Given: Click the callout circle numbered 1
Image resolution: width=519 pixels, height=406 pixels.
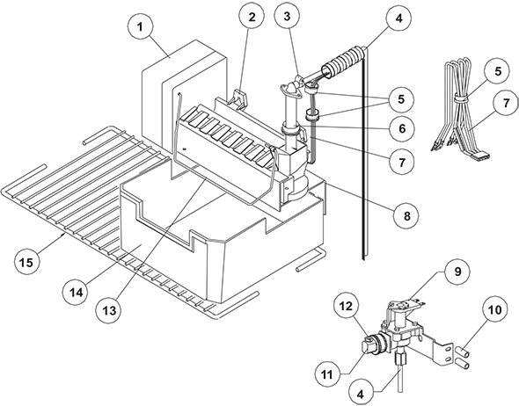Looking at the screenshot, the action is click(x=141, y=27).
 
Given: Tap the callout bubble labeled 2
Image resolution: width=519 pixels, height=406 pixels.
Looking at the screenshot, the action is click(x=252, y=17).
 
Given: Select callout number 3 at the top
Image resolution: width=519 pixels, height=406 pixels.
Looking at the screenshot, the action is click(x=288, y=16).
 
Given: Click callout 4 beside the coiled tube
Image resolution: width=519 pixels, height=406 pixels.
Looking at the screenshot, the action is click(x=399, y=18).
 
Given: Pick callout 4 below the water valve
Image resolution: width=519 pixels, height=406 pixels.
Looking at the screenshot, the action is click(x=361, y=393).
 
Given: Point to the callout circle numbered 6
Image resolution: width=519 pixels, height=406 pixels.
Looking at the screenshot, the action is click(x=402, y=128).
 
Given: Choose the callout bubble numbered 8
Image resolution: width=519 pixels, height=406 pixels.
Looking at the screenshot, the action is click(x=406, y=215).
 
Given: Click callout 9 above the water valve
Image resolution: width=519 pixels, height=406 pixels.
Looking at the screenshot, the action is click(x=457, y=272).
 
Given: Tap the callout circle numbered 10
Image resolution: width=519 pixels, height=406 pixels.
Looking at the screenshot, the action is click(x=494, y=310).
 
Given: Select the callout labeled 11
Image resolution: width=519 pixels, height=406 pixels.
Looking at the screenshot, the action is click(x=327, y=374).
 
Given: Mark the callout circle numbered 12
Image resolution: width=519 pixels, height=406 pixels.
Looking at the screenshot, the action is click(x=345, y=307).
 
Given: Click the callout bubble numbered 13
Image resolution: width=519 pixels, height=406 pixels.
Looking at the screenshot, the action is click(x=109, y=310).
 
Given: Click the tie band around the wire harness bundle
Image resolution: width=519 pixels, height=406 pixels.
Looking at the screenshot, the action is click(x=461, y=98).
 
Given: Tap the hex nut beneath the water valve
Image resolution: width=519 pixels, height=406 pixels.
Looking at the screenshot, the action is click(x=399, y=359).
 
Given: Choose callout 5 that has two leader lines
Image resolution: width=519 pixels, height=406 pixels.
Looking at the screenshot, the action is click(x=401, y=98).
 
